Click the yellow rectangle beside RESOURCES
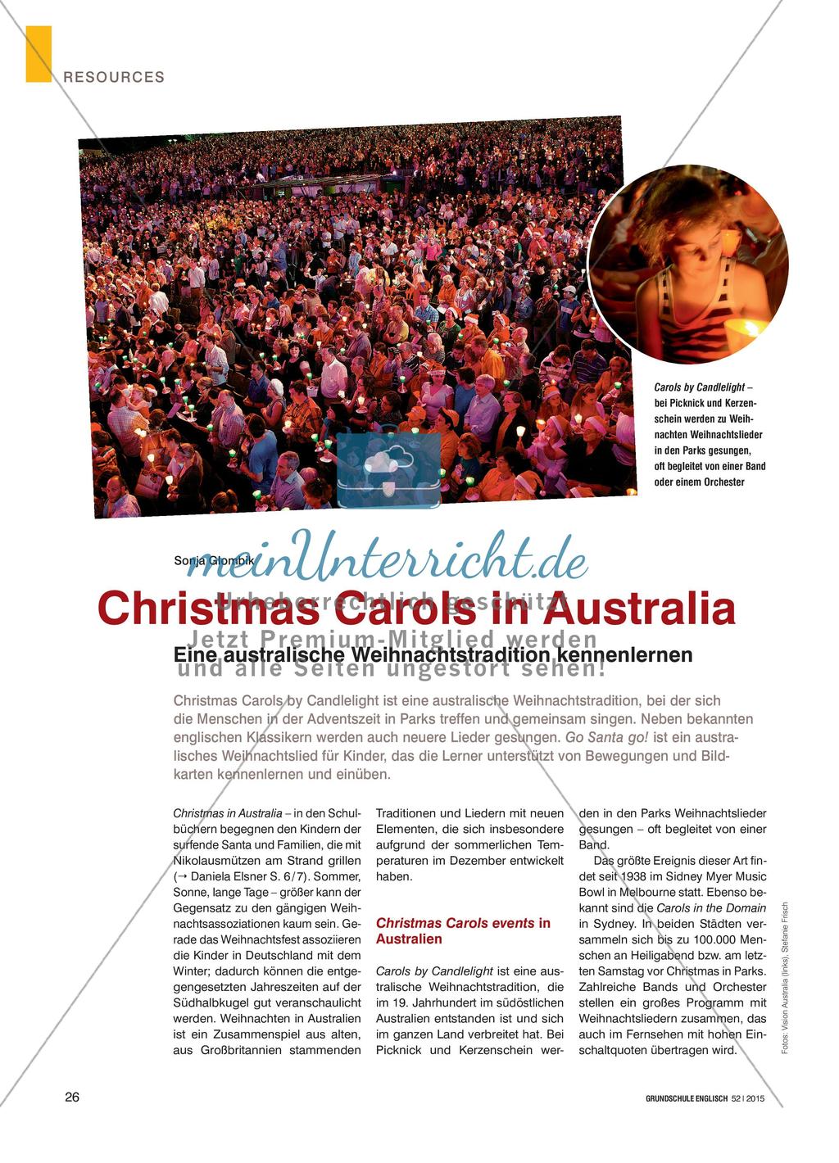[39, 54]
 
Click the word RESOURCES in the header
[114, 77]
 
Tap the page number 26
[72, 1097]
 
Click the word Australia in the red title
[642, 609]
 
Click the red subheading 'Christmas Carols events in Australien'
[463, 931]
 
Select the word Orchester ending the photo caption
[722, 482]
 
